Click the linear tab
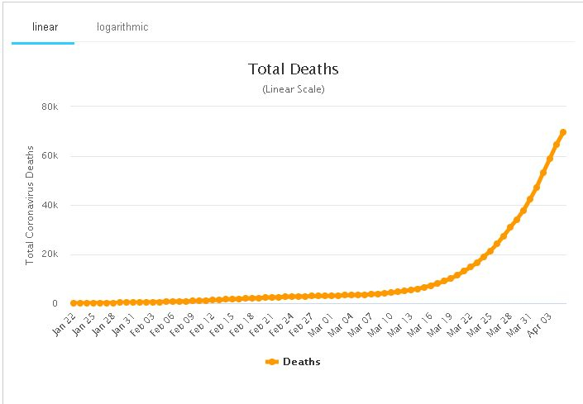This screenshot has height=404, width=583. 45,27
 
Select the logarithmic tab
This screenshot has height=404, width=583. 122,27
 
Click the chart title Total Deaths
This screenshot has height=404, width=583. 294,69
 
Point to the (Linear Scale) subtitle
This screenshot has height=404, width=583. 294,89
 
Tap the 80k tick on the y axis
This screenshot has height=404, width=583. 50,107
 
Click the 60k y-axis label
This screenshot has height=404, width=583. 50,155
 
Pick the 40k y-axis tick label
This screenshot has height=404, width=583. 50,205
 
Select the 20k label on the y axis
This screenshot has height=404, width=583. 50,254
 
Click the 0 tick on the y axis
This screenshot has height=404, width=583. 55,303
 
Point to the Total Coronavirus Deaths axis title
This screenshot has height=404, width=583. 30,205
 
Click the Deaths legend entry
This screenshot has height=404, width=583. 293,362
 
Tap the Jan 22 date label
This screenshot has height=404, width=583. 64,325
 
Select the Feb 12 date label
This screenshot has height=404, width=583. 202,325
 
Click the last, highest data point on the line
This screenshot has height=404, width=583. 563,132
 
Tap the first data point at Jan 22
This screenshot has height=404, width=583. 74,303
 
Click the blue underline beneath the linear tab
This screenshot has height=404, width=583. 43,43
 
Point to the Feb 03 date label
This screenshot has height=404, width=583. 142,325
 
